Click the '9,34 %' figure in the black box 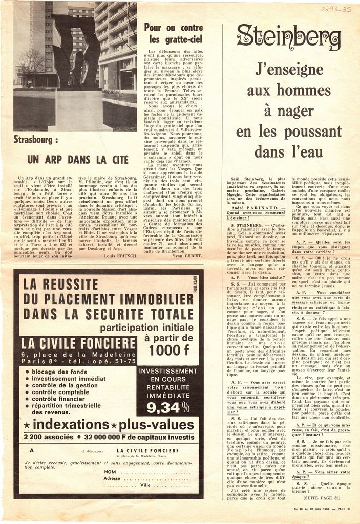click(168, 407)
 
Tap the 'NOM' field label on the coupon click(110, 472)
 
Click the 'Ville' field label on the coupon click(146, 484)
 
